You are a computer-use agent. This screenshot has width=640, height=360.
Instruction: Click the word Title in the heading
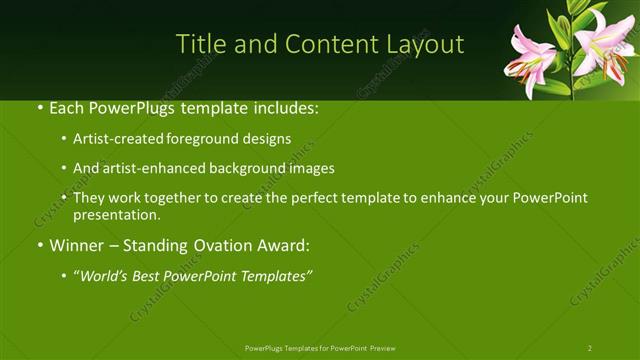(199, 44)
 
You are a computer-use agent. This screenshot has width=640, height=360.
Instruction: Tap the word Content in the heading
(328, 44)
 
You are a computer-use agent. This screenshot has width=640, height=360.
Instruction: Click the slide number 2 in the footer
(590, 347)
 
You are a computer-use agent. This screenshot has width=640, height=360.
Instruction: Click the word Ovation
(220, 245)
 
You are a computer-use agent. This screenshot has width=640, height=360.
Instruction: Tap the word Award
(285, 245)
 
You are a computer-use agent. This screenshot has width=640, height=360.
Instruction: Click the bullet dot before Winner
(39, 245)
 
